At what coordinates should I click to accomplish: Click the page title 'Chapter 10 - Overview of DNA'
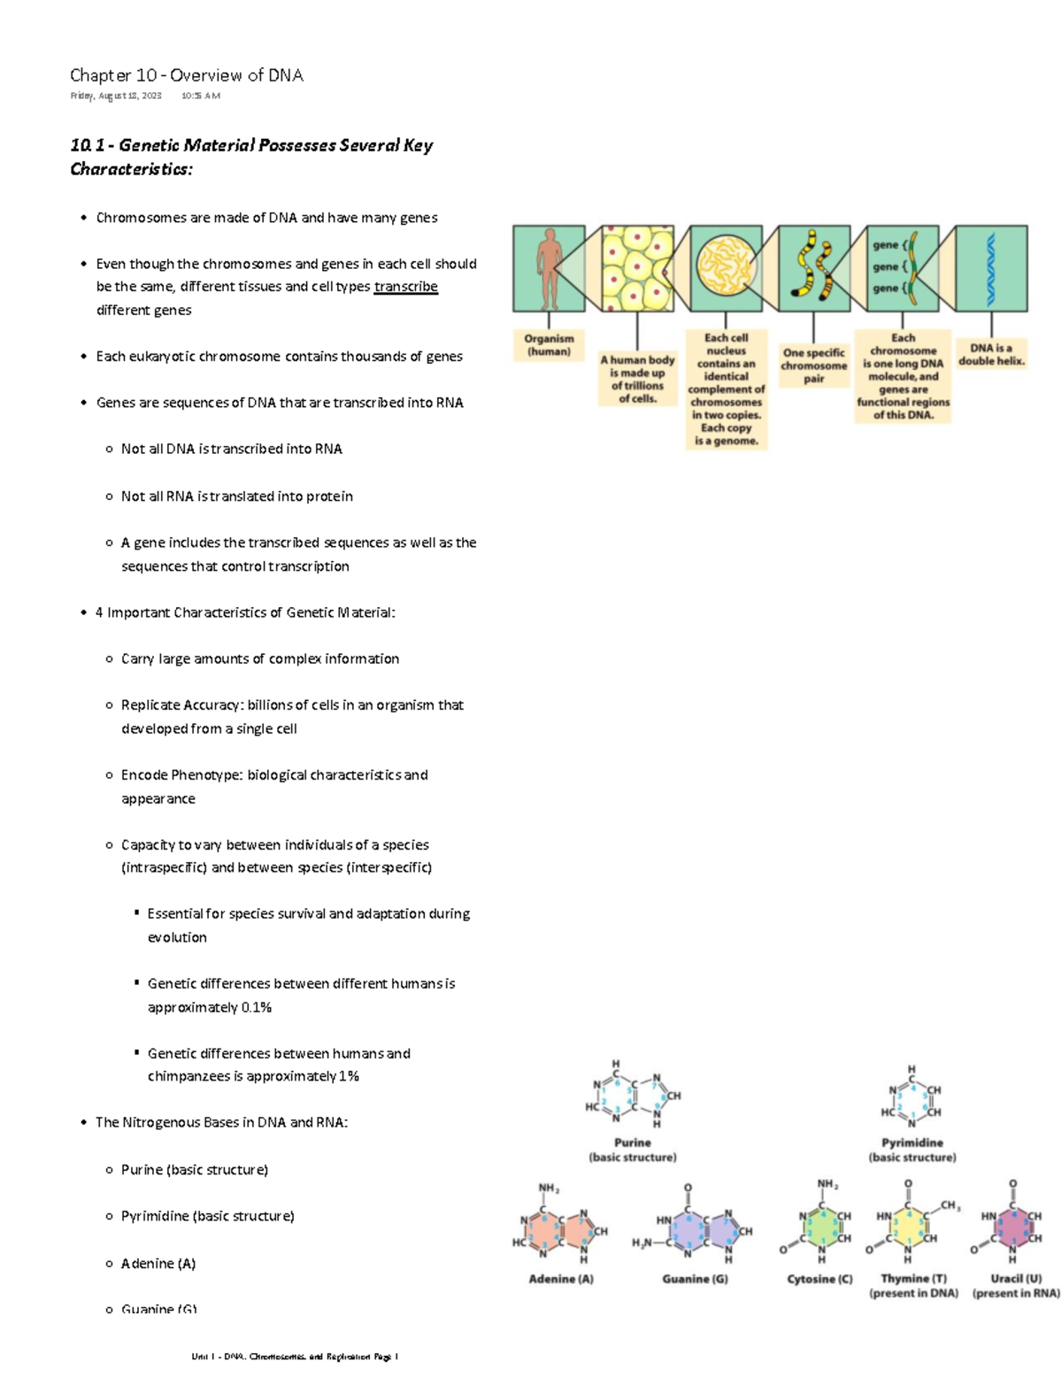pos(187,75)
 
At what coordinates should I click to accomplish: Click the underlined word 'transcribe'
pos(405,287)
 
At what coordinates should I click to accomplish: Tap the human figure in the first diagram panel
pos(549,268)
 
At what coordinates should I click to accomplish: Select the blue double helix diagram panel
pos(991,268)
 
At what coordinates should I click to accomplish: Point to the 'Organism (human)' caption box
pos(549,345)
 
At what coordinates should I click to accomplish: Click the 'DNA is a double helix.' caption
pos(991,354)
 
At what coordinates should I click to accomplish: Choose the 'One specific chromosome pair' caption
pos(813,365)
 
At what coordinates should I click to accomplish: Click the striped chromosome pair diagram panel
pos(814,268)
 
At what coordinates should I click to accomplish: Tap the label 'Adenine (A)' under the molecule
pos(561,1279)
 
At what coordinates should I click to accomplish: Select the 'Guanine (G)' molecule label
pos(695,1279)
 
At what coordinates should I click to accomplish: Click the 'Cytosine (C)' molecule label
pos(820,1279)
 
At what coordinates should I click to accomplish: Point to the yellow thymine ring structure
pos(909,1226)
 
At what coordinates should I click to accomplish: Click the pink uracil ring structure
pos(1013,1226)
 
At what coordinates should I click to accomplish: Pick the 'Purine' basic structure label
pos(632,1142)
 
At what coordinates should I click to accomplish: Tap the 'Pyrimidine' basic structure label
pos(912,1142)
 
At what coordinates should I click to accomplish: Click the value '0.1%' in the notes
pos(256,1007)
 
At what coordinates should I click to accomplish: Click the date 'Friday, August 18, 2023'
pos(116,96)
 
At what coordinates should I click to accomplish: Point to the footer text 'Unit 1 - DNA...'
pos(295,1357)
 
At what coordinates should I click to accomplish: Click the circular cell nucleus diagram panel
pos(726,268)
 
